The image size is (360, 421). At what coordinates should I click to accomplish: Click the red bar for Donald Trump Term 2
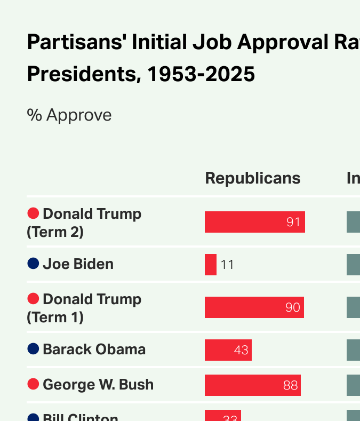coord(254,222)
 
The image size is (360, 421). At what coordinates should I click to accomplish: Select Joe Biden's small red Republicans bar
coord(211,265)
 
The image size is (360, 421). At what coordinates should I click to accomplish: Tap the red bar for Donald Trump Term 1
coord(254,307)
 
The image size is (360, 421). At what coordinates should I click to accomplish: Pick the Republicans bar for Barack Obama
coord(228,350)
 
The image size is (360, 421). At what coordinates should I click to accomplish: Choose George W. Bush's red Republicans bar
coord(252,385)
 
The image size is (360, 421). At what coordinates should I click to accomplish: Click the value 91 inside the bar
coord(293,222)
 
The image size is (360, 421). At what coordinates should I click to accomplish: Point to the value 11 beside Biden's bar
coord(227,265)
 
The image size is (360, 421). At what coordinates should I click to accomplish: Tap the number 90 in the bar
coord(292,307)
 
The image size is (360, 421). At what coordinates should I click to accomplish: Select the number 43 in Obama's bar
coord(241,350)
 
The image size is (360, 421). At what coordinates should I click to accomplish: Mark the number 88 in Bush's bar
coord(290,385)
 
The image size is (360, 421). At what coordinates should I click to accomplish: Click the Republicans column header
coord(253,178)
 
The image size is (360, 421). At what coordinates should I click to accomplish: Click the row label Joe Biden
coord(78,264)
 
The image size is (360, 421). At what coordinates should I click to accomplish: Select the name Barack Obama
coord(94,349)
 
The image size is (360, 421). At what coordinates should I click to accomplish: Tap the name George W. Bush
coord(98,385)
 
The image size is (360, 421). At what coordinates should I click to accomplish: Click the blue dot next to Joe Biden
coord(33,263)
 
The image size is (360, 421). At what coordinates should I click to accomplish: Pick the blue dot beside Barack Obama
coord(33,348)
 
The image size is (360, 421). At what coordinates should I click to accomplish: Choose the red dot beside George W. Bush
coord(33,384)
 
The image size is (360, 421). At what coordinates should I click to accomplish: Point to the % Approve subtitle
coord(69,115)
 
